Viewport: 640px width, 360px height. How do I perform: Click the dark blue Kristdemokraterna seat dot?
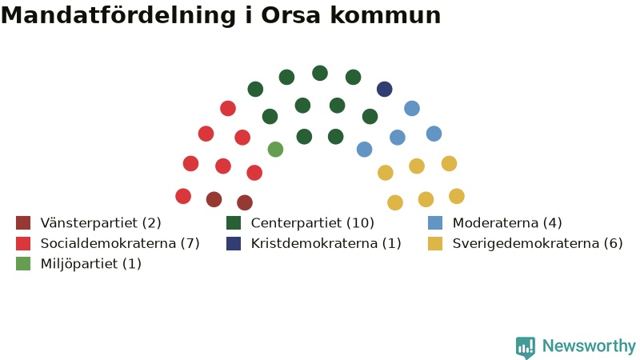click(385, 89)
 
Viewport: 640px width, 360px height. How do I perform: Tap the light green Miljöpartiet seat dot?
click(275, 150)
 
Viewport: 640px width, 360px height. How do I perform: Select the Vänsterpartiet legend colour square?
click(23, 223)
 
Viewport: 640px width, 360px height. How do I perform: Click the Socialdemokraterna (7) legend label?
click(120, 243)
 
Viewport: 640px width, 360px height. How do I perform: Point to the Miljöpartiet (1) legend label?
click(91, 264)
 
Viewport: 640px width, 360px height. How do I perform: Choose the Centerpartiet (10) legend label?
click(312, 223)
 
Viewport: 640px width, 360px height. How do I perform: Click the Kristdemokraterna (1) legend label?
click(326, 243)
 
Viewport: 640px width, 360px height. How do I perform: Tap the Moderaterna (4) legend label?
click(507, 223)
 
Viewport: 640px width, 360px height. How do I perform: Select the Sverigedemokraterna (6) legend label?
click(538, 243)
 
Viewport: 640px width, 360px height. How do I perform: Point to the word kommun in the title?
click(386, 15)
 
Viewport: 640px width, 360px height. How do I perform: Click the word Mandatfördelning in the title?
click(118, 15)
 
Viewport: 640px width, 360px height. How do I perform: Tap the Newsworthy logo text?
click(589, 346)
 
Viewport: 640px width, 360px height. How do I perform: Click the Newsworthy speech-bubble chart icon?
click(526, 347)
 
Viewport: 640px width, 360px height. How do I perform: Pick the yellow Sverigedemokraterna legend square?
click(435, 243)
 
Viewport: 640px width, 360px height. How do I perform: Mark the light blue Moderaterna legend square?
click(435, 223)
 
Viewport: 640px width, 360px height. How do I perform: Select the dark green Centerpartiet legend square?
click(234, 223)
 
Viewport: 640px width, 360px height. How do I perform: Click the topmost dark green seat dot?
click(320, 73)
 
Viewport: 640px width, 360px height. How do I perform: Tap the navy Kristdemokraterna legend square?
click(234, 243)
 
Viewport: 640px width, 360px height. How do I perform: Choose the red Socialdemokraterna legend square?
click(23, 243)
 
